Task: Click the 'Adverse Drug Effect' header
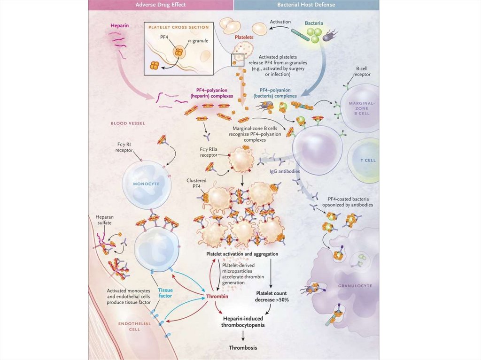[x=161, y=5]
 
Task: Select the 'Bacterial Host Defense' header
[x=306, y=5]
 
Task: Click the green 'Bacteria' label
[x=314, y=23]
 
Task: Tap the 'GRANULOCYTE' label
[x=355, y=285]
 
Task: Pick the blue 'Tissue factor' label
[x=165, y=293]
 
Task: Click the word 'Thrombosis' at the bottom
[x=243, y=348]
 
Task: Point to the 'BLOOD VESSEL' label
[x=128, y=123]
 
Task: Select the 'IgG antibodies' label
[x=285, y=171]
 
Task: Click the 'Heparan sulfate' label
[x=104, y=221]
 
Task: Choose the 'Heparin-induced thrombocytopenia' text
[x=243, y=322]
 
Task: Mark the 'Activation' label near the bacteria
[x=280, y=22]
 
